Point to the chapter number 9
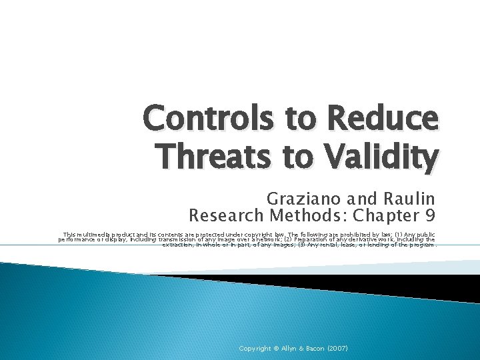(429, 216)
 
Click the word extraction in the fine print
(177, 245)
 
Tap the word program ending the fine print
(421, 245)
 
